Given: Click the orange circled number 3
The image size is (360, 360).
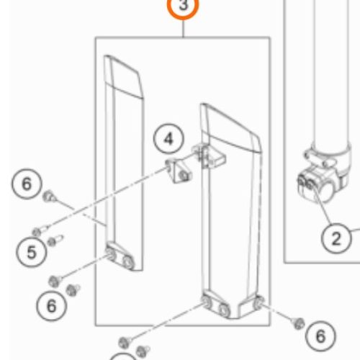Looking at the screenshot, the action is click(183, 6).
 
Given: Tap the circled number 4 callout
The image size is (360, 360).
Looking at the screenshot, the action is click(168, 139).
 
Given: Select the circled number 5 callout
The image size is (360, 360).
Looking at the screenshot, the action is click(32, 252).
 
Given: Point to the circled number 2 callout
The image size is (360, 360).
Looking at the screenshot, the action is click(336, 238).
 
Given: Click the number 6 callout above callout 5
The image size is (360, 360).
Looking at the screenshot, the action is click(27, 184).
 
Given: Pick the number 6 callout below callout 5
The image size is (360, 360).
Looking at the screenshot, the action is click(52, 305).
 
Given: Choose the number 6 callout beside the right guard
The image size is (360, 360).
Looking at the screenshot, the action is click(320, 336).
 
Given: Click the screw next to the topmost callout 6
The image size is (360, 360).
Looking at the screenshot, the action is click(49, 197).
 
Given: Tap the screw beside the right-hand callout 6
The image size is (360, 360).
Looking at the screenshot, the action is click(298, 323).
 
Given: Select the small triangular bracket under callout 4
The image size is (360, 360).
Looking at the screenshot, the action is click(179, 171).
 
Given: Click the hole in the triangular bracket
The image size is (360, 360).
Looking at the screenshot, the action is click(184, 176).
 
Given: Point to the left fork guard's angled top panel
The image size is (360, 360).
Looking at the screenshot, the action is click(124, 77).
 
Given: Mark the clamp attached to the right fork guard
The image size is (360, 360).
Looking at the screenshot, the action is click(208, 156).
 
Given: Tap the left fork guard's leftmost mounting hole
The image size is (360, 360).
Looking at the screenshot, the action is click(111, 254).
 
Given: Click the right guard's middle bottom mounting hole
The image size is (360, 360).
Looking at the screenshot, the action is click(224, 309).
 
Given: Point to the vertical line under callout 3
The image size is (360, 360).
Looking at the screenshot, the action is click(183, 29).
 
